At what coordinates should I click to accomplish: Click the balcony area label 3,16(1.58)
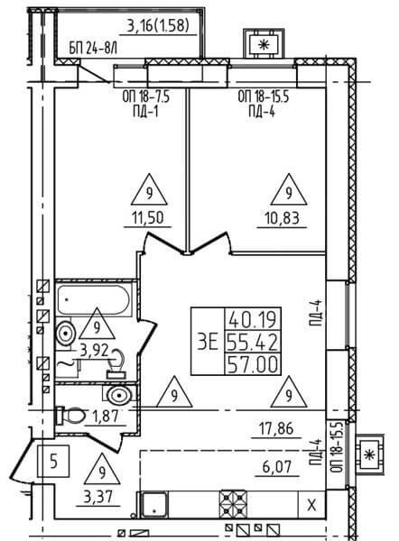click(158, 25)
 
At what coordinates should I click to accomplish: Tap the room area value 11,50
click(148, 218)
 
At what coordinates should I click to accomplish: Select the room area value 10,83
click(282, 218)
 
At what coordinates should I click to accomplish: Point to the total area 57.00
click(253, 365)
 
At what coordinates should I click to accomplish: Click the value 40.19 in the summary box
click(253, 319)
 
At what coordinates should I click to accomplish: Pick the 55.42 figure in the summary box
click(253, 343)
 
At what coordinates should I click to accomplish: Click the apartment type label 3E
click(208, 342)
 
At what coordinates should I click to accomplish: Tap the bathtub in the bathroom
click(94, 300)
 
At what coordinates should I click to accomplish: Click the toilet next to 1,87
click(70, 416)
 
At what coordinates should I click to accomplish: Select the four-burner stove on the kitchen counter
click(234, 504)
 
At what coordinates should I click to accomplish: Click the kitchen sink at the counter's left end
click(154, 504)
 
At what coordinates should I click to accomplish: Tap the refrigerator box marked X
click(311, 505)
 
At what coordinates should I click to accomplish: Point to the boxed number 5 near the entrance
click(53, 461)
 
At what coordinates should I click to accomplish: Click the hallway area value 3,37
click(98, 498)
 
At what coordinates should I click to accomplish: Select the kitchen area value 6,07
click(277, 467)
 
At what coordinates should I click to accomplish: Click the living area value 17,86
click(276, 429)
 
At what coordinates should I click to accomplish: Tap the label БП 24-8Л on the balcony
click(93, 49)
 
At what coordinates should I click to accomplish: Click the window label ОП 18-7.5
click(145, 96)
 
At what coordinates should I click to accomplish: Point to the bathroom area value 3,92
click(94, 351)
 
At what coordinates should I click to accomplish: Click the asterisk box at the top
click(264, 44)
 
